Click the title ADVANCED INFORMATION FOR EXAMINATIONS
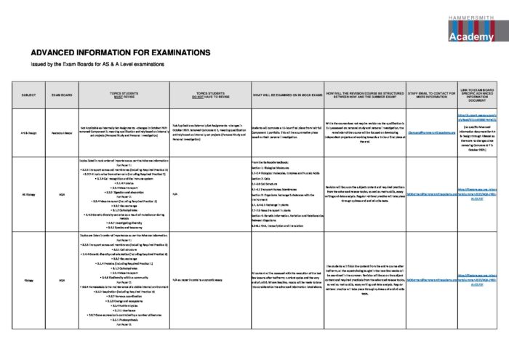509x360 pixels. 111,53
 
